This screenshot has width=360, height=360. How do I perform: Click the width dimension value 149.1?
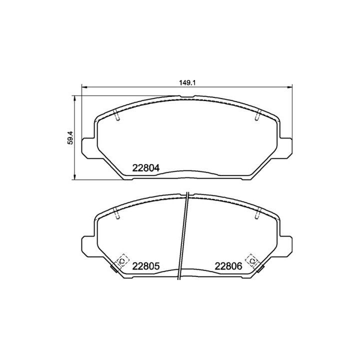point(186,83)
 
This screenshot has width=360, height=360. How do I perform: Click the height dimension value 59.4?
point(70,137)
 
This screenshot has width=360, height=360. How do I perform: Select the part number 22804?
point(145,168)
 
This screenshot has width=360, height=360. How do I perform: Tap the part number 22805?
point(145,266)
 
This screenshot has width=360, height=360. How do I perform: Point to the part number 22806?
point(228,266)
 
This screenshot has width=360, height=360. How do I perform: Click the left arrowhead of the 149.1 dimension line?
point(83,88)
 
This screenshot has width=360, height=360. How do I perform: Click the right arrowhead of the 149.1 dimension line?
point(288,88)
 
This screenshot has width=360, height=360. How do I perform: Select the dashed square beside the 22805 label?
point(121,261)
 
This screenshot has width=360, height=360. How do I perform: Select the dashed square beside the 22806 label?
point(252,261)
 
